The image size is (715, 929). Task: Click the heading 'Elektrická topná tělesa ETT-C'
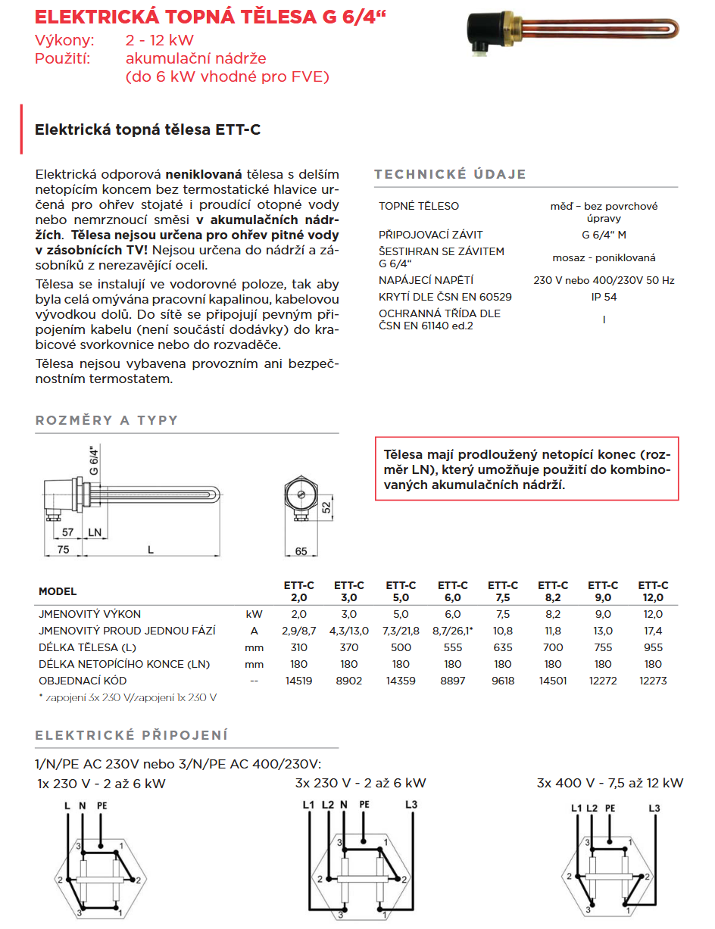(148, 129)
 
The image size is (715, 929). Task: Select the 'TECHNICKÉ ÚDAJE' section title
(450, 174)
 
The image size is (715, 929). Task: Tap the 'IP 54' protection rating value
(604, 297)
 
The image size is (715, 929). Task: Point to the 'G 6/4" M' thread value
(604, 235)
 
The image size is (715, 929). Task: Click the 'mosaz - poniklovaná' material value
(604, 257)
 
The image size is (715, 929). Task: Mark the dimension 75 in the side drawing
(64, 550)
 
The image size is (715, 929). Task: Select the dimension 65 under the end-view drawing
(301, 551)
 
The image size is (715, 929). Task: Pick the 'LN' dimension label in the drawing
(95, 533)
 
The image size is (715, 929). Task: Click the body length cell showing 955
(652, 647)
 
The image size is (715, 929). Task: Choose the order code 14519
(298, 681)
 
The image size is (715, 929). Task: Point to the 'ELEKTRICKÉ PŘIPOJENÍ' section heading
(132, 735)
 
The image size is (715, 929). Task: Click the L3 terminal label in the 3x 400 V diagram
(654, 809)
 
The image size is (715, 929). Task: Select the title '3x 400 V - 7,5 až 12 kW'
(610, 783)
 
